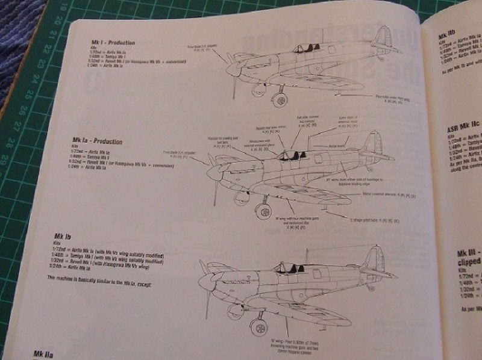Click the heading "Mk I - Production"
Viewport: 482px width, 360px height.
(113, 43)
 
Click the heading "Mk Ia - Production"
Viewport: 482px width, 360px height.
(96, 142)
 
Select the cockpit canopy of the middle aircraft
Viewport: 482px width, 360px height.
(290, 155)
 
